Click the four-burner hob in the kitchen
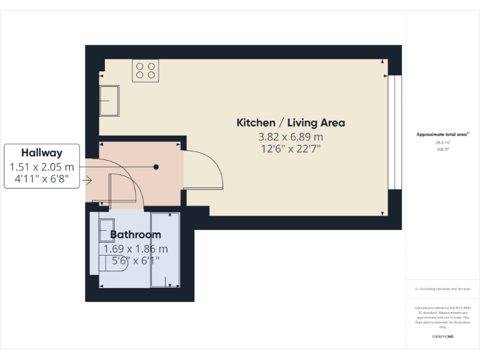click(x=145, y=71)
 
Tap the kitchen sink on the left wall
click(x=110, y=100)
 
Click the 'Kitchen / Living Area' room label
click(x=290, y=123)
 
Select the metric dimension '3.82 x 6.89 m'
click(x=291, y=137)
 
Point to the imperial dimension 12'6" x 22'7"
click(x=291, y=149)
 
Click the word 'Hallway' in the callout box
click(x=42, y=152)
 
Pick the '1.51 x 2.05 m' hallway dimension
click(x=42, y=167)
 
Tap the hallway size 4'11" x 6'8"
click(x=42, y=180)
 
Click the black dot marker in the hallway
click(x=156, y=167)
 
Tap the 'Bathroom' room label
click(x=136, y=235)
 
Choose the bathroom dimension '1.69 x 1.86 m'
click(x=136, y=249)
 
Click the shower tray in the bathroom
click(x=165, y=250)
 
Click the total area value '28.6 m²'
click(x=442, y=142)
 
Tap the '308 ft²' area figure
click(x=442, y=150)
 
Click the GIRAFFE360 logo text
click(x=442, y=337)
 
